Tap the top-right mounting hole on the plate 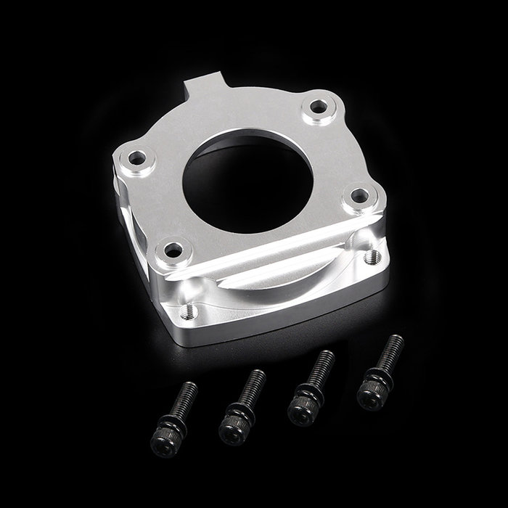[319, 107]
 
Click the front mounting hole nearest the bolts [173, 251]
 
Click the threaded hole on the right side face [373, 256]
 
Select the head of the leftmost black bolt [163, 443]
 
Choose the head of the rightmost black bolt [370, 396]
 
